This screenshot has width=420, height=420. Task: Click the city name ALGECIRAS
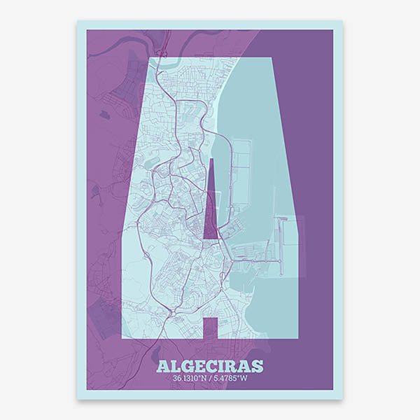210,366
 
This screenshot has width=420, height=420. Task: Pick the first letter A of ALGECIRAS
163,366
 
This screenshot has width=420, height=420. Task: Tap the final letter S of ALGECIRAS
257,366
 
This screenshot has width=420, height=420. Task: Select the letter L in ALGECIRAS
175,366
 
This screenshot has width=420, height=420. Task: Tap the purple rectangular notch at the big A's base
210,328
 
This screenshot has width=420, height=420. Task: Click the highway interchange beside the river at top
162,51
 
